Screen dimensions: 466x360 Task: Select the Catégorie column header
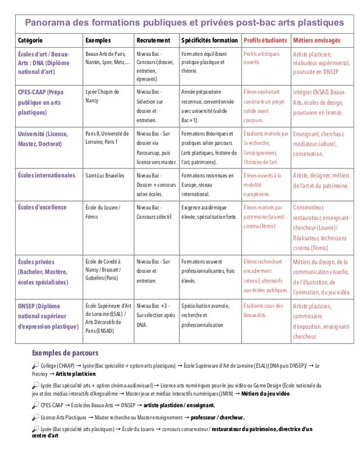[30, 41]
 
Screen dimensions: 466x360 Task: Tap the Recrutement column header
[153, 41]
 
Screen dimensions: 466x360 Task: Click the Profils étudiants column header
[265, 41]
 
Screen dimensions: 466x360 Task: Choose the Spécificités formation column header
[209, 41]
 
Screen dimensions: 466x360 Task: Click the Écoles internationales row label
[47, 175]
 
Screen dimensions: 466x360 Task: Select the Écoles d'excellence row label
[43, 207]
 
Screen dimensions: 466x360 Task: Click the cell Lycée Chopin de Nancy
[102, 96]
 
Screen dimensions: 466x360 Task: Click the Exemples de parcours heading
[65, 353]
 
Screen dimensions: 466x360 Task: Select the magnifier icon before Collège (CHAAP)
[36, 365]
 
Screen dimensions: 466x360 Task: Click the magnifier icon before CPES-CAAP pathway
[36, 405]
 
